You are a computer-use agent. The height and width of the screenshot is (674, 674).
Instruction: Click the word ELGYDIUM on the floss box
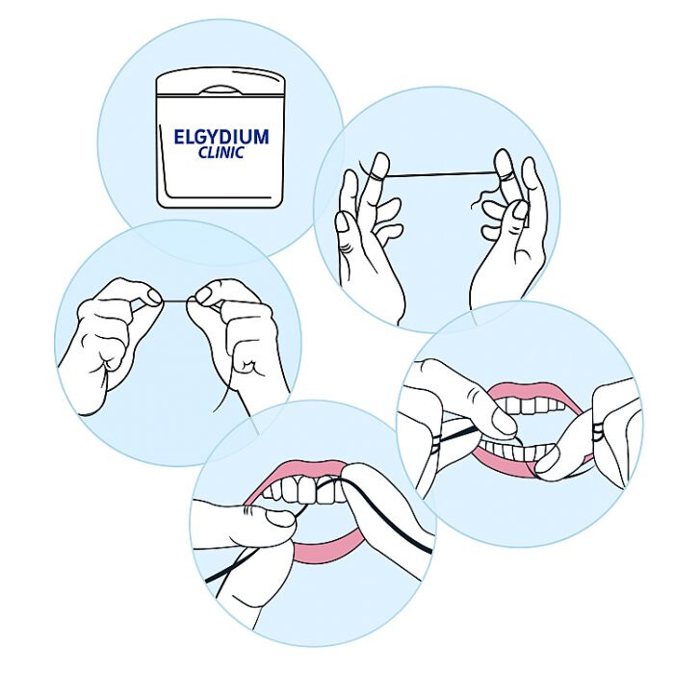220,137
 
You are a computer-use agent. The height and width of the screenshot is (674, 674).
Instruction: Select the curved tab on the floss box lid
220,90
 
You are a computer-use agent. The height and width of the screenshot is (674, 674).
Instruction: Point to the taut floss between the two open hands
438,174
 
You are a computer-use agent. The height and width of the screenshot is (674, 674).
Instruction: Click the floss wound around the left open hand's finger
376,172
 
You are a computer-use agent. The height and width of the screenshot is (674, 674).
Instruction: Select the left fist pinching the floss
111,327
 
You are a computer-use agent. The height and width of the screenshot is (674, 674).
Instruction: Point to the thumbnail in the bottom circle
280,520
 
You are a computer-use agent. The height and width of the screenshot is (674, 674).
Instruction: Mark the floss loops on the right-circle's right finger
602,424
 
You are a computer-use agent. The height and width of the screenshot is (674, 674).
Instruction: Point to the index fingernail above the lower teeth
505,421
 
